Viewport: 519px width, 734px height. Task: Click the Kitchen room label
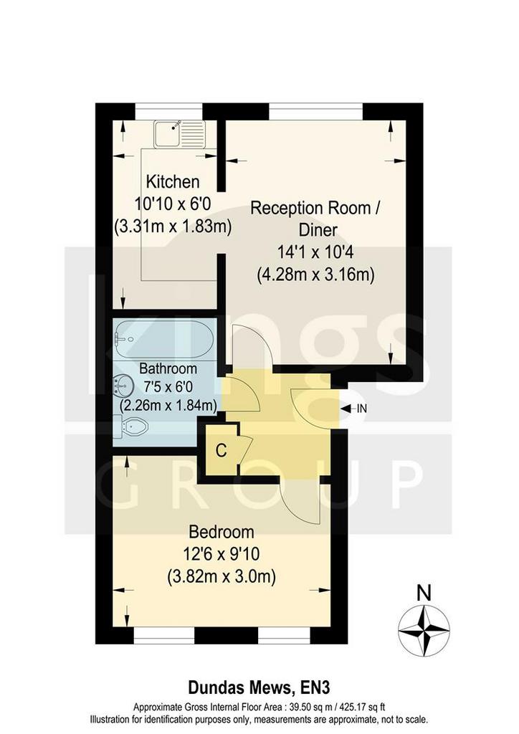[x=173, y=181]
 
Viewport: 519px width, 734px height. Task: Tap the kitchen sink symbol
[x=180, y=133]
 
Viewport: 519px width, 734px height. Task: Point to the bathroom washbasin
[x=120, y=386]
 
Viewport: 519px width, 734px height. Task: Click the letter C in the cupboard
[x=222, y=450]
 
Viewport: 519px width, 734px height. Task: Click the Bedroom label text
[x=222, y=532]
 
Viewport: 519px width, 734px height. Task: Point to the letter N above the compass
[x=424, y=593]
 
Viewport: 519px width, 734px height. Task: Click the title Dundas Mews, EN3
[x=259, y=687]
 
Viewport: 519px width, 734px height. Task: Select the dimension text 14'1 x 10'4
[x=315, y=252]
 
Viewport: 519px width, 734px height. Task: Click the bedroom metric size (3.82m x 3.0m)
[x=222, y=576]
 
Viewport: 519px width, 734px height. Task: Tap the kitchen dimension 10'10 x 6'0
[x=173, y=204]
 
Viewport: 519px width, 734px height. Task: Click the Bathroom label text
[x=168, y=368]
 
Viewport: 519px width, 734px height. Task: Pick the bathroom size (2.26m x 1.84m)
[x=168, y=406]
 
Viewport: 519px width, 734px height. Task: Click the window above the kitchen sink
[x=169, y=111]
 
